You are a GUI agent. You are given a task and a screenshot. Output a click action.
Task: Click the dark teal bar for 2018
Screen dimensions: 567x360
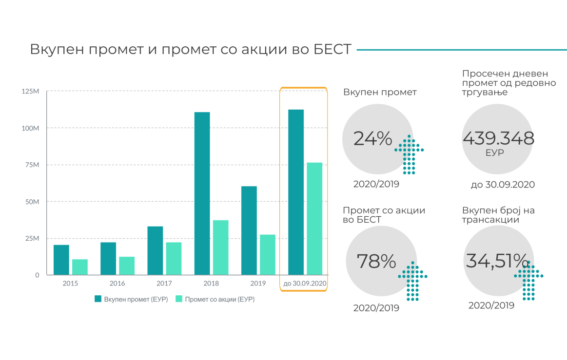202,193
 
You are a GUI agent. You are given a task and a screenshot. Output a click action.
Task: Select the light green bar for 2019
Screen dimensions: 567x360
268,255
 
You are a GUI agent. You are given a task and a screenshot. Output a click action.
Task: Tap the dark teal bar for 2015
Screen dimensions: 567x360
61,260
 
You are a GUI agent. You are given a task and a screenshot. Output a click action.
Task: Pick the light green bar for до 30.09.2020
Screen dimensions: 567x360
314,219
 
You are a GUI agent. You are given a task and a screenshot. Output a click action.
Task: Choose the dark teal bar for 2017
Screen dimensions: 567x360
155,250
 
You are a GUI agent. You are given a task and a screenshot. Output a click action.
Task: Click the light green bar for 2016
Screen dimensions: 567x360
127,265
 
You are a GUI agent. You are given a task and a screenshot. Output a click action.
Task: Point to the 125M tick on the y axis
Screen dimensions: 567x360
30,92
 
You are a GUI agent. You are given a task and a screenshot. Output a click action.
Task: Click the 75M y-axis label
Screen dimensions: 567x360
32,165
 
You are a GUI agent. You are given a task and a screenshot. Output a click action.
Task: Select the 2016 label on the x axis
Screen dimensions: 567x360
117,284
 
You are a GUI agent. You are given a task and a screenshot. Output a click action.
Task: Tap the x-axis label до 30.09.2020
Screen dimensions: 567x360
305,284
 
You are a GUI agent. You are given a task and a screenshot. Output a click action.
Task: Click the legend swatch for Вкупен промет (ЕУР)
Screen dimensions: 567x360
98,299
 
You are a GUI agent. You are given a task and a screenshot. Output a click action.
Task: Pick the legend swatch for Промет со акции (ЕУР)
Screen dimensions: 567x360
178,299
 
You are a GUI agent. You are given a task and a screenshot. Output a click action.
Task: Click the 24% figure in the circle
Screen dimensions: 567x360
372,138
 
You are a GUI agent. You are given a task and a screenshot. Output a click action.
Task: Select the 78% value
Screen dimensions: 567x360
376,261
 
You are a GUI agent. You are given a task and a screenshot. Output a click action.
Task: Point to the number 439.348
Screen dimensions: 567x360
498,138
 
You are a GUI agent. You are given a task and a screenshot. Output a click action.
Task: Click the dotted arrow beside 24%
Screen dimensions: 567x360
409,155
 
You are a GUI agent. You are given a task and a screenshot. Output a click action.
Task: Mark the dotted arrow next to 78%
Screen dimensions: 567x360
412,281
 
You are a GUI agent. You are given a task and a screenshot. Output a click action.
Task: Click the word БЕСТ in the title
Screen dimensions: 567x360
332,49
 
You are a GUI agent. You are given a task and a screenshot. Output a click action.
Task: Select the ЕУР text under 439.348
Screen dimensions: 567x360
495,153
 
